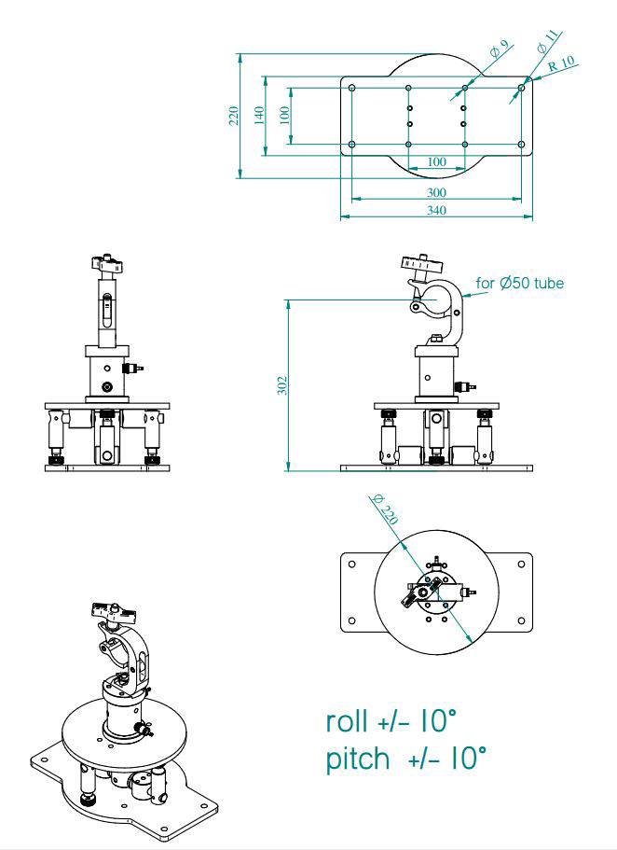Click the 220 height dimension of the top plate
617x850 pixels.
233,116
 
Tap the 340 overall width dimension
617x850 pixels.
436,211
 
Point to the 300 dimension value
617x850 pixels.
436,192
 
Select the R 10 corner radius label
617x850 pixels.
563,65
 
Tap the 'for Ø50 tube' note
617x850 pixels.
519,283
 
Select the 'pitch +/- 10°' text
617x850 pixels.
405,759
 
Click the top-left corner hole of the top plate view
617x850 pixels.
352,89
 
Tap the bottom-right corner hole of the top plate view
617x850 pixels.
521,145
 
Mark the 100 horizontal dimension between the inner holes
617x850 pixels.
436,161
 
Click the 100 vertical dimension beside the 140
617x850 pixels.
284,115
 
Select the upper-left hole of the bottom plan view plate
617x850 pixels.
351,564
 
